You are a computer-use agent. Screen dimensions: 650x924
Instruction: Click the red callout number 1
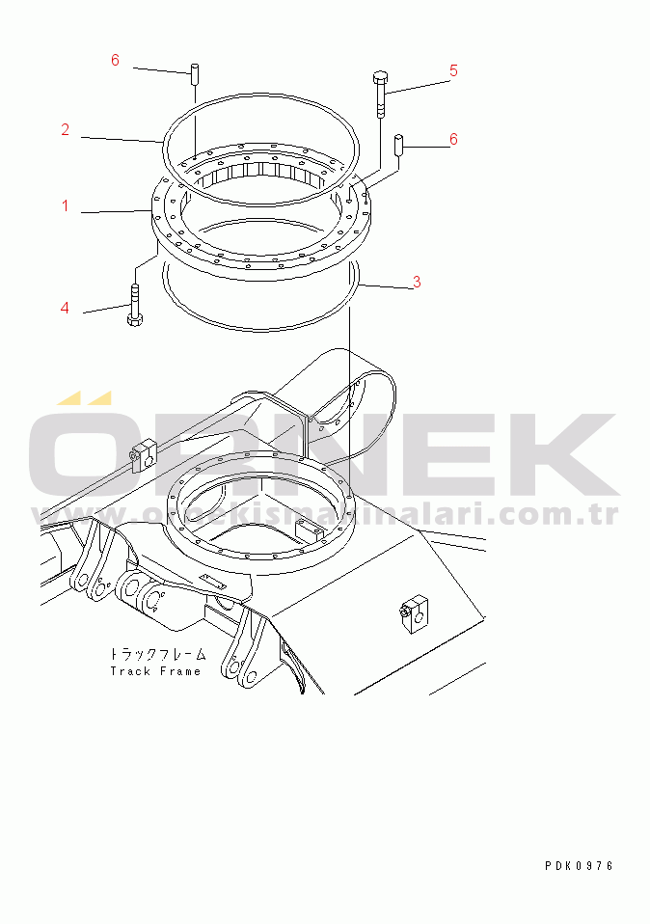pyautogui.click(x=66, y=205)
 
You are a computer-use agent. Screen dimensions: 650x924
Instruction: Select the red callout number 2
pyautogui.click(x=66, y=129)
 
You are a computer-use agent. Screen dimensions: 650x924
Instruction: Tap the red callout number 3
pyautogui.click(x=418, y=283)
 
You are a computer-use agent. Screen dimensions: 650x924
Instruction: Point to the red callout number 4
pyautogui.click(x=65, y=308)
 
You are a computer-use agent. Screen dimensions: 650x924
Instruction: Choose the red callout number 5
pyautogui.click(x=453, y=71)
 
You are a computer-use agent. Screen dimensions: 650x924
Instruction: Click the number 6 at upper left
pyautogui.click(x=115, y=60)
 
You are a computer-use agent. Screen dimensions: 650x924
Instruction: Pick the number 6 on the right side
pyautogui.click(x=453, y=140)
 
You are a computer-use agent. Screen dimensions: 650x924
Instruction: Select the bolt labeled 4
pyautogui.click(x=135, y=305)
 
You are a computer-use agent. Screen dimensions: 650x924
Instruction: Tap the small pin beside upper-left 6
pyautogui.click(x=193, y=75)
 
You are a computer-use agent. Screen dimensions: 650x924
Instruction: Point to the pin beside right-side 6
pyautogui.click(x=398, y=145)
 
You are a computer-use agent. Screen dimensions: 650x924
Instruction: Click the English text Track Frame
pyautogui.click(x=155, y=671)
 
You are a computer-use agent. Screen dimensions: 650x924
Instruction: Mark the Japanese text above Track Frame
pyautogui.click(x=157, y=654)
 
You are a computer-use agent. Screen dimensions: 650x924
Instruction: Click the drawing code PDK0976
pyautogui.click(x=580, y=866)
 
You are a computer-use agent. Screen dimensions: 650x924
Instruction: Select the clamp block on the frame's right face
pyautogui.click(x=415, y=613)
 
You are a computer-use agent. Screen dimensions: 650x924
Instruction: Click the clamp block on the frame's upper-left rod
pyautogui.click(x=144, y=453)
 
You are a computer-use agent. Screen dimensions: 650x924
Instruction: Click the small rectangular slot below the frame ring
pyautogui.click(x=214, y=581)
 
